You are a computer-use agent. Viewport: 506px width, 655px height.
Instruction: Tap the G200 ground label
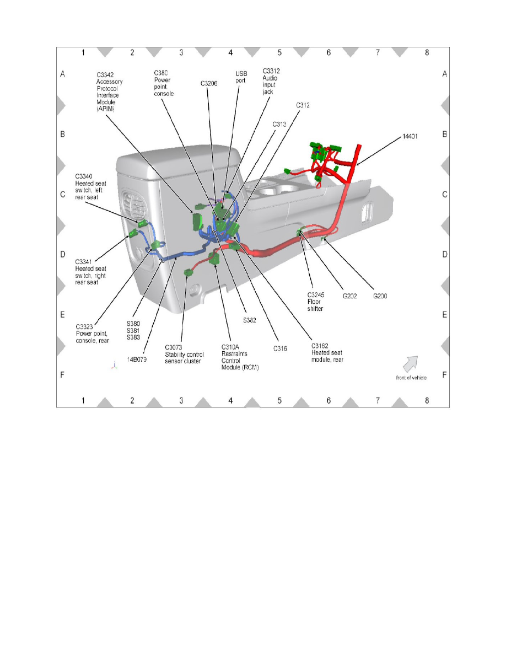380,296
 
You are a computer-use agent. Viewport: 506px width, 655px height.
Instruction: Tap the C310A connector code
230,347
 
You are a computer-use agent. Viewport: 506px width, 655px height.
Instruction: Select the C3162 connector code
320,346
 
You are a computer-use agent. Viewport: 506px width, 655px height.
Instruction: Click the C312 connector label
303,105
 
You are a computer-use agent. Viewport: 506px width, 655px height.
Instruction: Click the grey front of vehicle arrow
410,363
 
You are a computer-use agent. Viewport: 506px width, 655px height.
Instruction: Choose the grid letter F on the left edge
63,375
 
